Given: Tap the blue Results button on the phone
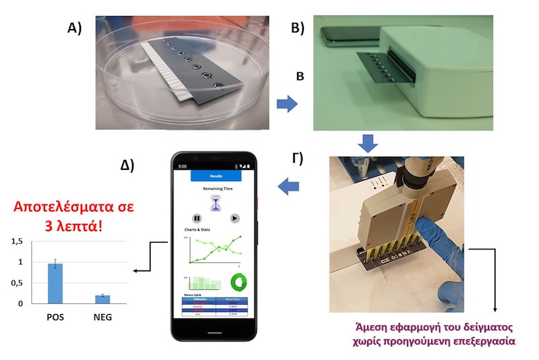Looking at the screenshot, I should tap(216, 175).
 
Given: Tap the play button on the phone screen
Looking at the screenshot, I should tap(234, 218).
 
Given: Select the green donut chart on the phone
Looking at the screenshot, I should tap(239, 281).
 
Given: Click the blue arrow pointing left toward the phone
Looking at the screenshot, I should tap(288, 184).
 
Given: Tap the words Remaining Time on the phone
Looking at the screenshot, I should tap(216, 189).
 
